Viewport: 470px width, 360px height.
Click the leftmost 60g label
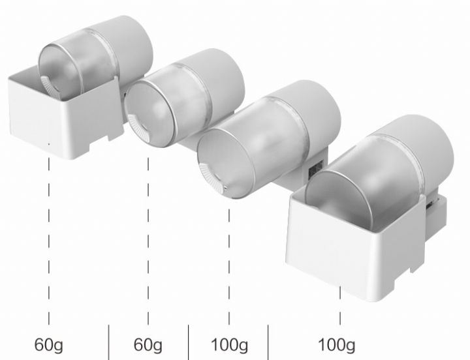(x=49, y=345)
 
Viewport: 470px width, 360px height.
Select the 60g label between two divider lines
(x=148, y=345)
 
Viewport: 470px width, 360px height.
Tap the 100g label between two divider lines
(x=229, y=345)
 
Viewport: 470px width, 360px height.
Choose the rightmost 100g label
(x=336, y=345)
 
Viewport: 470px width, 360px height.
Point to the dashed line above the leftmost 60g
(x=49, y=241)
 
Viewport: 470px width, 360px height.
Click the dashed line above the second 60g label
(x=148, y=241)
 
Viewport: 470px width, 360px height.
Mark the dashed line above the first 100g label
(x=229, y=267)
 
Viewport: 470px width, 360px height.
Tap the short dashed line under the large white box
(x=340, y=305)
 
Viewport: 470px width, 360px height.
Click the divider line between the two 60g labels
(x=109, y=342)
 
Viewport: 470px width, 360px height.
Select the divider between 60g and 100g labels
(x=188, y=342)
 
